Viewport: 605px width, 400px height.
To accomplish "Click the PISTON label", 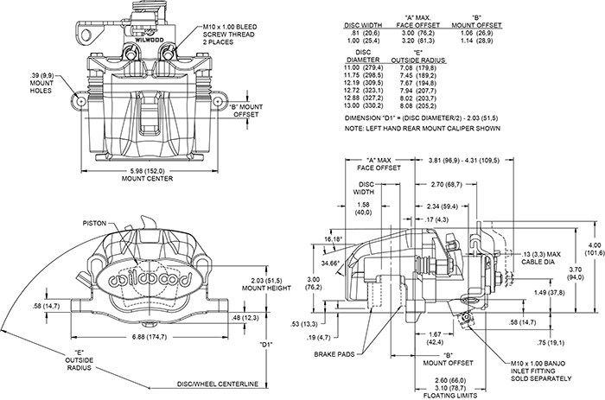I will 95,222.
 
